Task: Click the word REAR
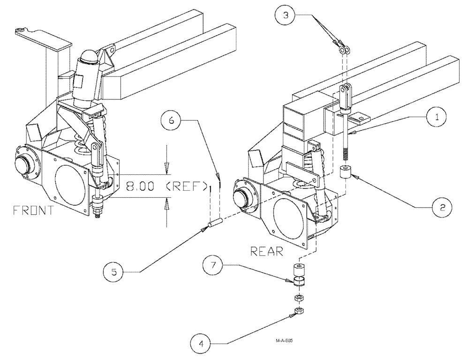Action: pos(266,252)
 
